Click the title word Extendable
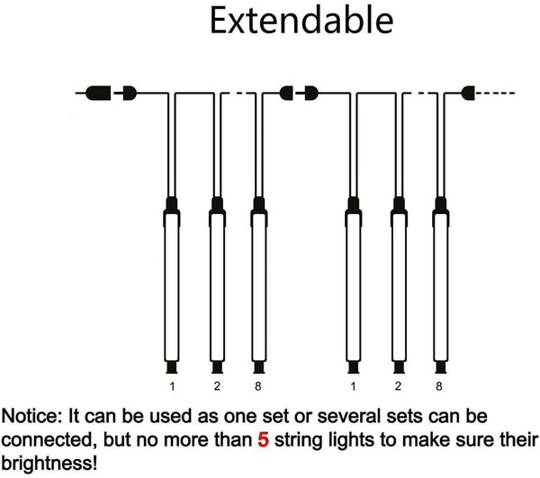coord(301,21)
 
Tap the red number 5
coord(263,440)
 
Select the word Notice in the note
coord(31,416)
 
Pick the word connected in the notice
coord(47,440)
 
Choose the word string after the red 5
coord(299,441)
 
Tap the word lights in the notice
coord(351,441)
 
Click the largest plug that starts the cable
coord(98,93)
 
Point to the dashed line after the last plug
coord(494,93)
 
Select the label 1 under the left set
coord(172,386)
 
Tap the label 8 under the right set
coord(439,386)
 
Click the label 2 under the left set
coord(217,386)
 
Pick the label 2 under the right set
coord(398,386)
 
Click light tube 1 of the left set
coord(172,285)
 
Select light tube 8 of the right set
coord(440,285)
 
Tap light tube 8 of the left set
coord(259,285)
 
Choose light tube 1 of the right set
coord(354,285)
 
